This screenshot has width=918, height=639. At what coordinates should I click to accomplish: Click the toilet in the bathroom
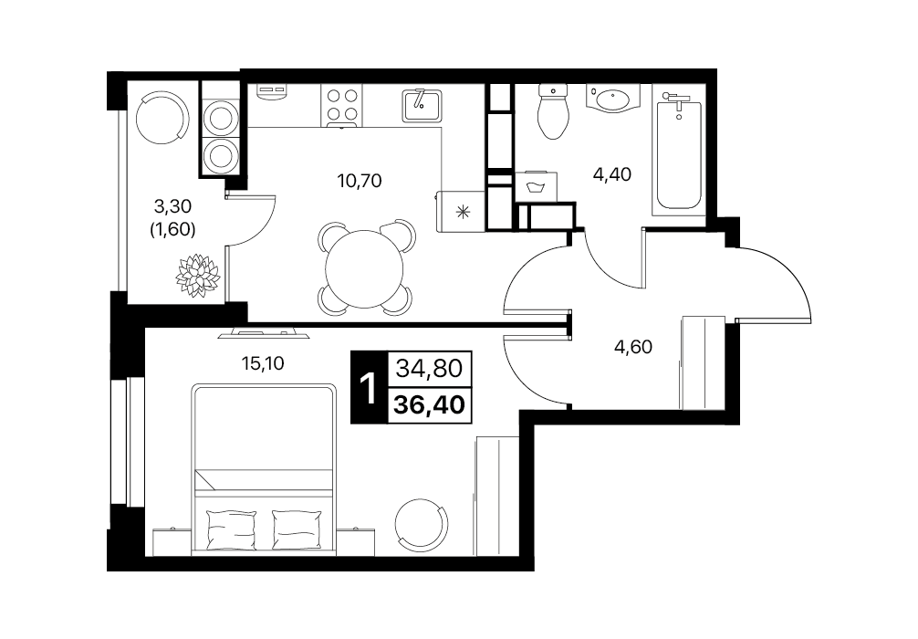(553, 110)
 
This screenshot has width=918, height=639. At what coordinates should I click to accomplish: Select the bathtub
(679, 155)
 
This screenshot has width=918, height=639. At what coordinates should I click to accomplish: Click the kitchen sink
(422, 105)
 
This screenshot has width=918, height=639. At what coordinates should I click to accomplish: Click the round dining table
(364, 269)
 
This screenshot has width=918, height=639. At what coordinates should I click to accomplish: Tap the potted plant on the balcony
(198, 276)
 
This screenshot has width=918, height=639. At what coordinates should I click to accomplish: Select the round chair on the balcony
(162, 117)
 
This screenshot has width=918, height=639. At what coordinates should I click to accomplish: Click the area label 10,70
(360, 181)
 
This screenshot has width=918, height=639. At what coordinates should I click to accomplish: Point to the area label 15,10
(263, 363)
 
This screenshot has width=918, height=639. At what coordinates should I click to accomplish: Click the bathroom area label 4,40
(612, 174)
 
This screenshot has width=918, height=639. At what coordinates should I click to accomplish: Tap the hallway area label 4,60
(633, 347)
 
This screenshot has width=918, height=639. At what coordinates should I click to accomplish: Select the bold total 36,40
(430, 404)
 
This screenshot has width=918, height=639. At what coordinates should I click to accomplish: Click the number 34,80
(430, 369)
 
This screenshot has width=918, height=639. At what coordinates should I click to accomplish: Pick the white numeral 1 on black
(369, 388)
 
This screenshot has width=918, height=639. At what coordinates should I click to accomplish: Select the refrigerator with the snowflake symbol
(462, 211)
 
